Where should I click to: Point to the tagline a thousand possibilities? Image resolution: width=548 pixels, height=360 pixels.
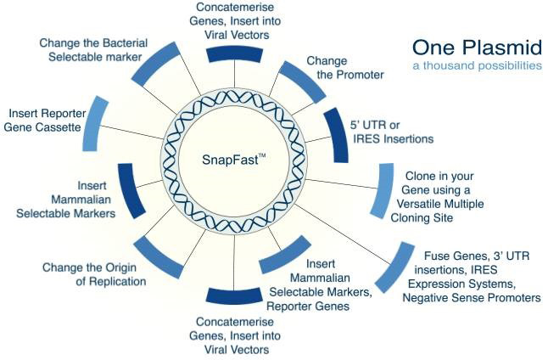click(x=476, y=65)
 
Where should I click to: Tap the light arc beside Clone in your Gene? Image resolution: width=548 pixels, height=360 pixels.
click(x=383, y=192)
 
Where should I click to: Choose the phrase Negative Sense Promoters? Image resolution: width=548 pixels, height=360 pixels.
click(x=471, y=297)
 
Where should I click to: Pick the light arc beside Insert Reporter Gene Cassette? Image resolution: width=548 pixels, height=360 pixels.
click(x=97, y=124)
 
